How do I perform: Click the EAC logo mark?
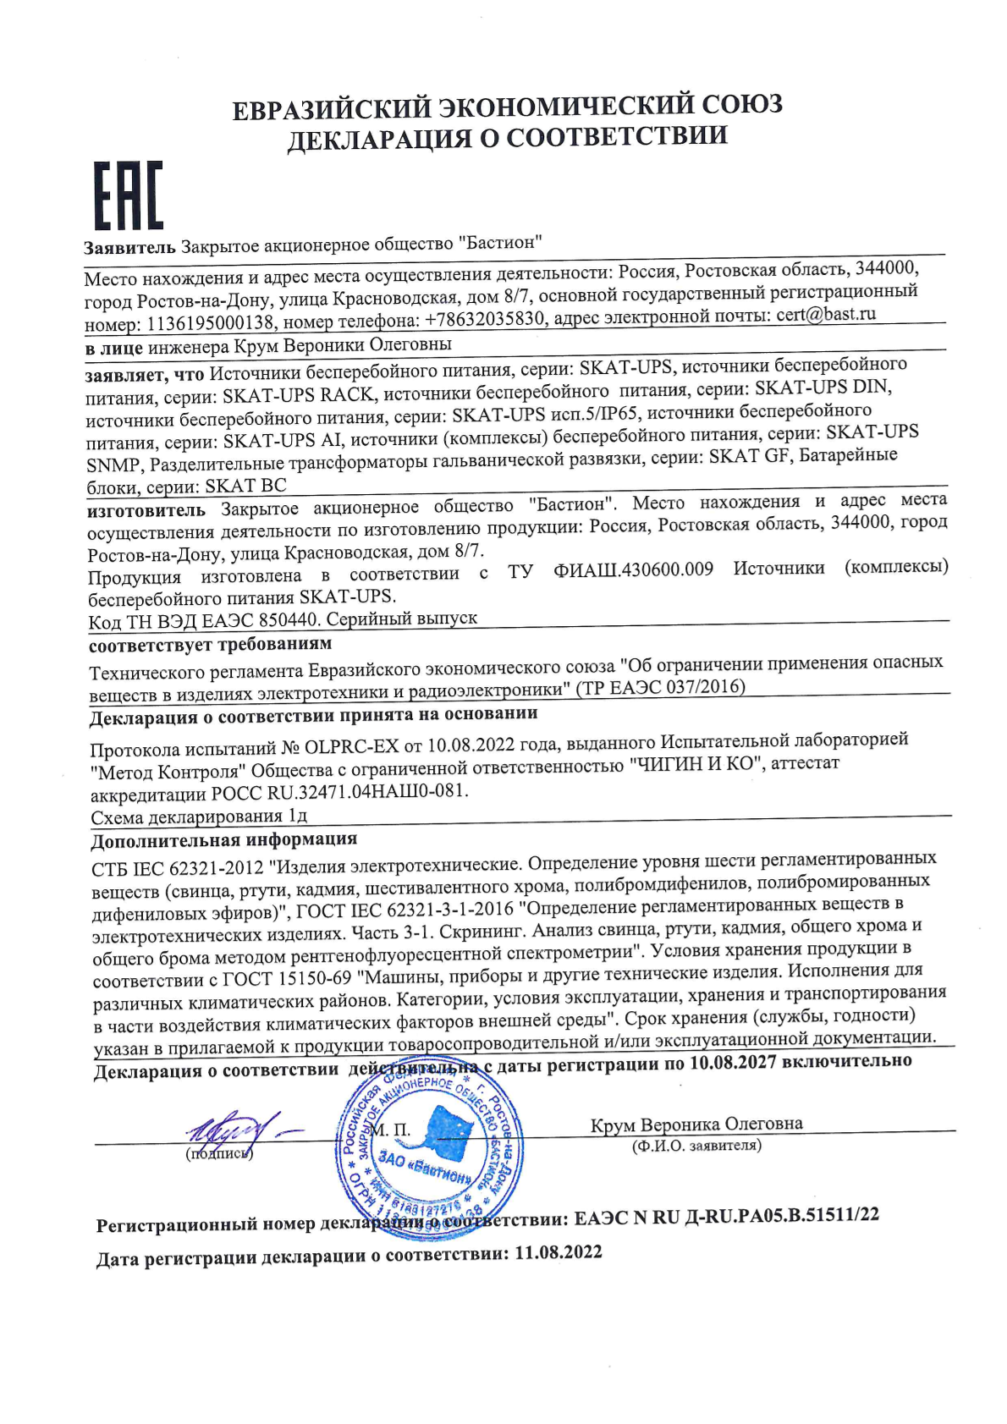[127, 195]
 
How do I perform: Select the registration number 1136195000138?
[210, 324]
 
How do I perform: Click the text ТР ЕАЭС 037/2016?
[660, 687]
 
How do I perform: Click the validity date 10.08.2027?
[733, 1062]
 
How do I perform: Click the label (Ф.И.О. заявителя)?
[696, 1146]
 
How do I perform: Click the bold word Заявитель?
[129, 248]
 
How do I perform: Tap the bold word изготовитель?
[146, 510]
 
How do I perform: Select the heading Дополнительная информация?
[223, 840]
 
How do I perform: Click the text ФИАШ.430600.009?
[633, 569]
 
